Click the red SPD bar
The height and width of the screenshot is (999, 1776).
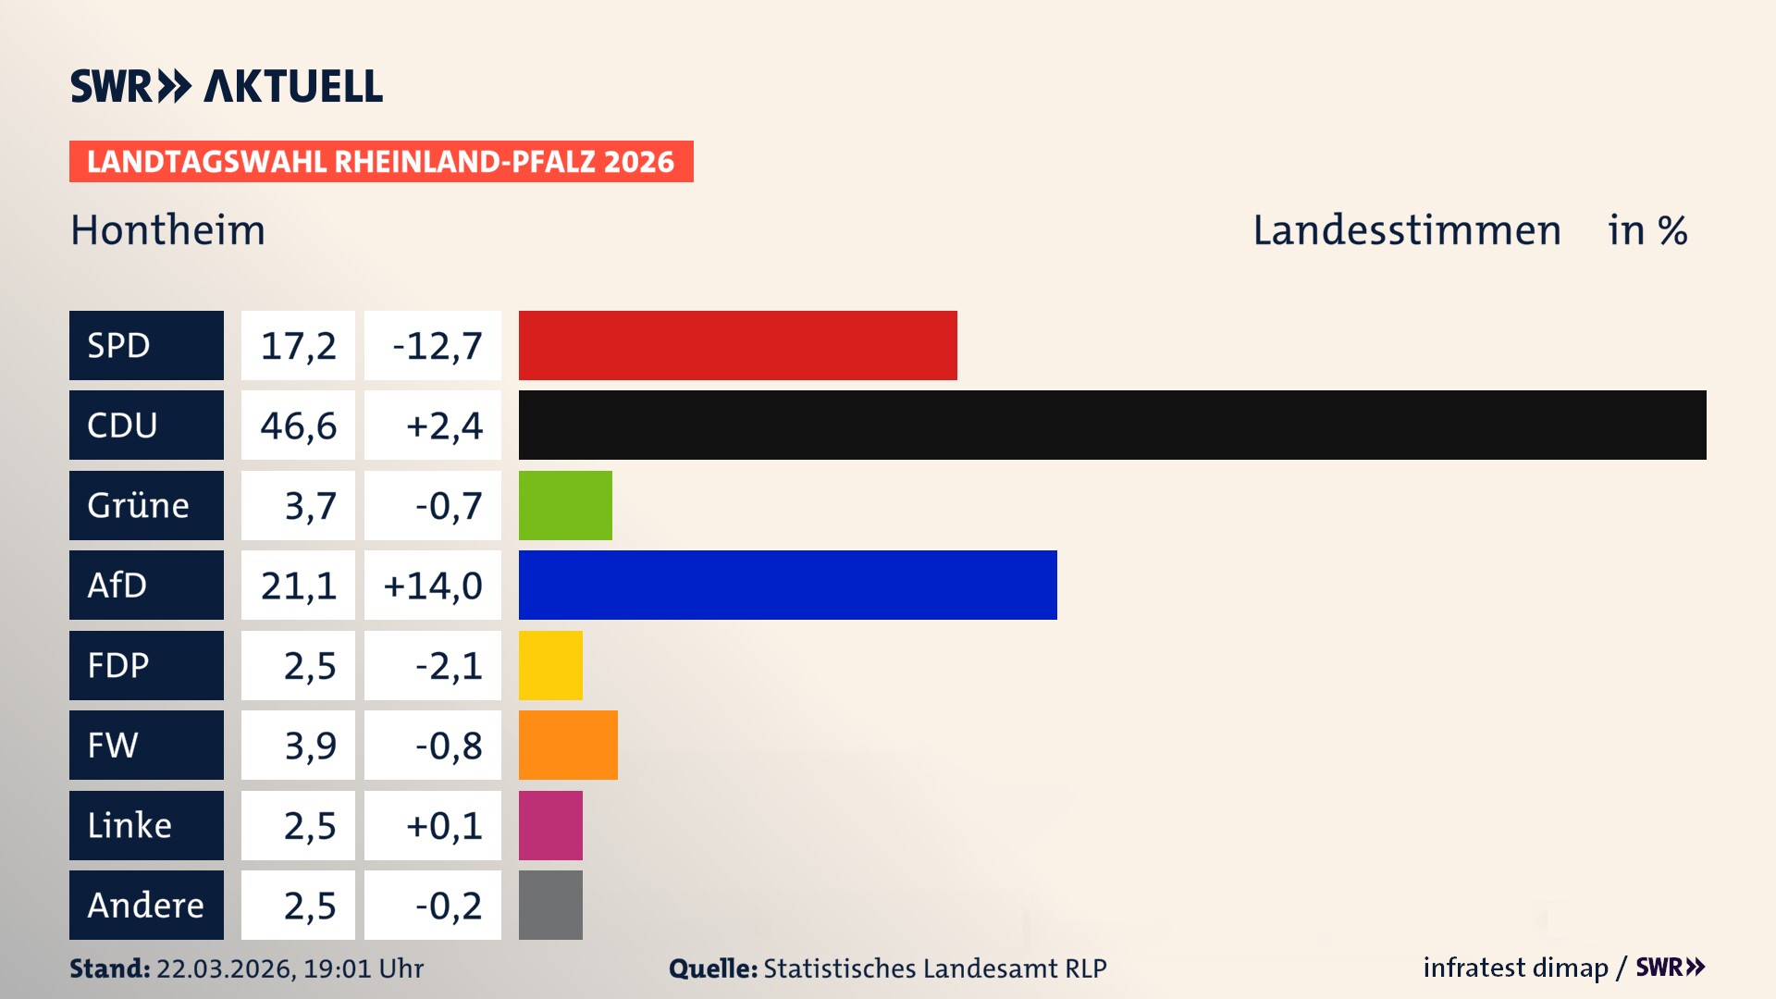(x=737, y=345)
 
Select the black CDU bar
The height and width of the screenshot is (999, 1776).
(x=1112, y=425)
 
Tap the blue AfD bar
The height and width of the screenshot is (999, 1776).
(x=787, y=585)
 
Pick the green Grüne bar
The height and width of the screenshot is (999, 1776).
(x=565, y=505)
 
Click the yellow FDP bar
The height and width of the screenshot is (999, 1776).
(x=550, y=665)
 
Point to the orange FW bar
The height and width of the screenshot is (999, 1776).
(x=568, y=745)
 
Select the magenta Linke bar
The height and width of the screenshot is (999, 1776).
(x=550, y=825)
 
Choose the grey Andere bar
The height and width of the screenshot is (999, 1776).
(x=550, y=905)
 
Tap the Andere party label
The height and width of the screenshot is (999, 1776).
(x=146, y=905)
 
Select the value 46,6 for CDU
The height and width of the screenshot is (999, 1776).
(x=298, y=425)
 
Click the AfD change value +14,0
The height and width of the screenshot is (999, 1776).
(x=433, y=586)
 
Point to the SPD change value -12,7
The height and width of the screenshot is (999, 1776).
(x=437, y=346)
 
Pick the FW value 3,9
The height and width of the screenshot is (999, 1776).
(x=309, y=746)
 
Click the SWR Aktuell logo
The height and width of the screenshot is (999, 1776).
(x=227, y=86)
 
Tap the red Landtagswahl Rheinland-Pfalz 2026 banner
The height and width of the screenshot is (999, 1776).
(x=380, y=162)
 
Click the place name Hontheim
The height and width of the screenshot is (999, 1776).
(x=167, y=230)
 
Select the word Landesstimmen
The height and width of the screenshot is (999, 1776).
(x=1406, y=230)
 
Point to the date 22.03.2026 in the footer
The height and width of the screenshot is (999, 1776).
(x=225, y=968)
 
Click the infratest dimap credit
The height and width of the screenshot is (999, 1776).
(x=1515, y=968)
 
